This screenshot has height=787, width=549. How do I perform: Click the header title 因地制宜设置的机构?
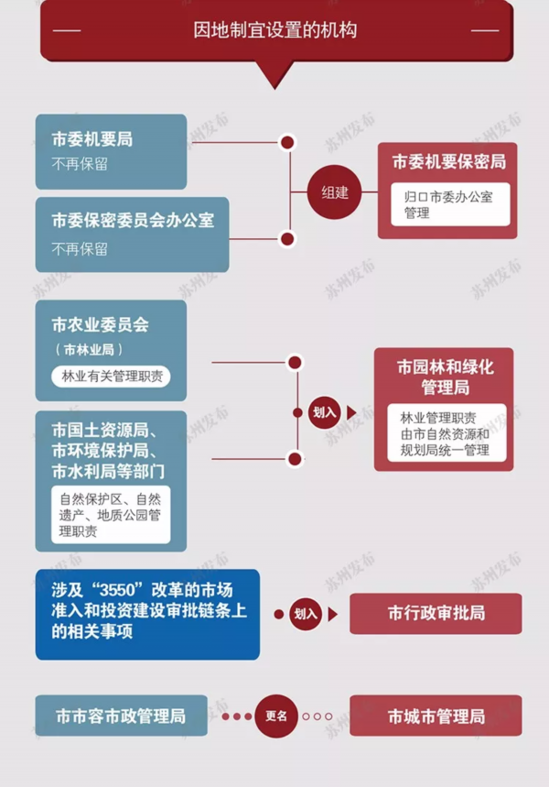[274, 30]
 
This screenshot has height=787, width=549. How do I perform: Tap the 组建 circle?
[334, 192]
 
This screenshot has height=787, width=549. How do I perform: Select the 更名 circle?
[276, 716]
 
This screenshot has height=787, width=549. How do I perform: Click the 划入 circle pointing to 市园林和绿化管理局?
[325, 412]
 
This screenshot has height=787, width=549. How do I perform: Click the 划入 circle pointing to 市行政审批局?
[306, 614]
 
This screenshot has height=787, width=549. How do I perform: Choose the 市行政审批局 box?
[436, 613]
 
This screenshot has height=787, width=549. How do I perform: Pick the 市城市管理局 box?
[436, 716]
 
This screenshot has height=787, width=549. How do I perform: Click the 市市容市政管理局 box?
[122, 716]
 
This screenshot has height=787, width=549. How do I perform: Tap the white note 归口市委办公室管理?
[450, 204]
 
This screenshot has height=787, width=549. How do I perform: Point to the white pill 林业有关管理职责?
[111, 377]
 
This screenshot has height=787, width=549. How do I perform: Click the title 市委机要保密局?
[448, 161]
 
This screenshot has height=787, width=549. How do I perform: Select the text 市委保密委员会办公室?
[133, 220]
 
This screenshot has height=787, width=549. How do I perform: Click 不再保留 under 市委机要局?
[80, 164]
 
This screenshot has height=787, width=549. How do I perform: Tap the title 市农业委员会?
[101, 324]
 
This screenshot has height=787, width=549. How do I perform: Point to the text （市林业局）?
[89, 350]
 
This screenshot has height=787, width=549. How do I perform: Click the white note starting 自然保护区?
[111, 515]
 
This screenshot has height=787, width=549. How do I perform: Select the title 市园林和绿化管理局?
[446, 377]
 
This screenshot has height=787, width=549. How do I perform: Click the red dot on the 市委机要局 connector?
[287, 143]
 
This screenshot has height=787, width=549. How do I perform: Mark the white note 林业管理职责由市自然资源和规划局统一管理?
[447, 433]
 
